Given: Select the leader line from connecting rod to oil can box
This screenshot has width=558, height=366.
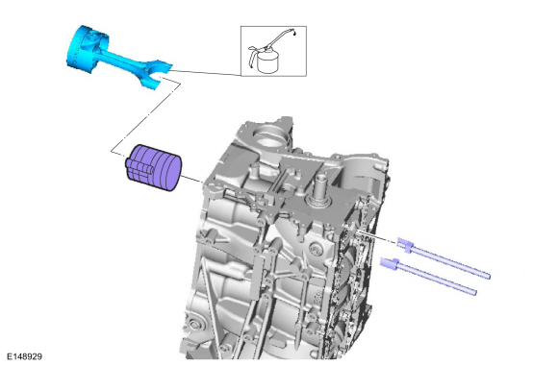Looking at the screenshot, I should (x=207, y=72).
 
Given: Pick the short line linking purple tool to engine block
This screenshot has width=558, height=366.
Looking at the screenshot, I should (x=190, y=178).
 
